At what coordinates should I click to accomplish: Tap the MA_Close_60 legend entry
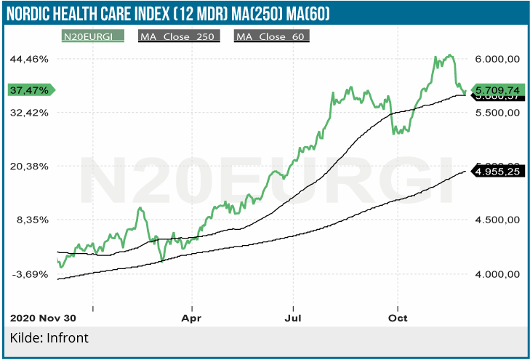272,36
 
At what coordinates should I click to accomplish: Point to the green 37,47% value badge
31,90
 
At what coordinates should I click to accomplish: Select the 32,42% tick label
28,113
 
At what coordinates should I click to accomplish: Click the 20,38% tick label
28,166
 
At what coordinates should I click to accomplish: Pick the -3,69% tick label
28,274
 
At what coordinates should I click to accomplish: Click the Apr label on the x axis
191,318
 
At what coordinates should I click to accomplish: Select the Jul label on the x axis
293,318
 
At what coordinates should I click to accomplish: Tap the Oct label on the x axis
397,318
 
